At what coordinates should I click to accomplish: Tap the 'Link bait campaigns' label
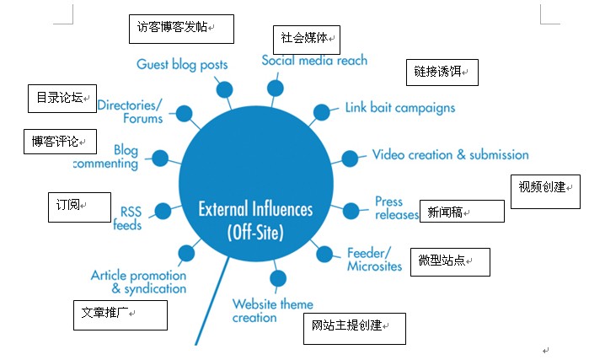(400, 108)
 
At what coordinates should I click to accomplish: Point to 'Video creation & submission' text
(451, 155)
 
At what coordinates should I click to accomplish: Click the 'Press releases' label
(396, 208)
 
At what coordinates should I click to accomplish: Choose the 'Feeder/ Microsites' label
(374, 260)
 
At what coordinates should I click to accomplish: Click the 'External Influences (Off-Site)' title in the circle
(254, 220)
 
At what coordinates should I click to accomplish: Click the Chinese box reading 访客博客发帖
(180, 27)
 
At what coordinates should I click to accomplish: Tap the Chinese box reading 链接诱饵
(442, 73)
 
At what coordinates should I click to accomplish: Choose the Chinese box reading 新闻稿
(461, 211)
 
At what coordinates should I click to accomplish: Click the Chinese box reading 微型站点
(449, 261)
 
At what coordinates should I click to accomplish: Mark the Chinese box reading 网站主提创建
(354, 328)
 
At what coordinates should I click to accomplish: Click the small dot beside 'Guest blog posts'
(224, 89)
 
